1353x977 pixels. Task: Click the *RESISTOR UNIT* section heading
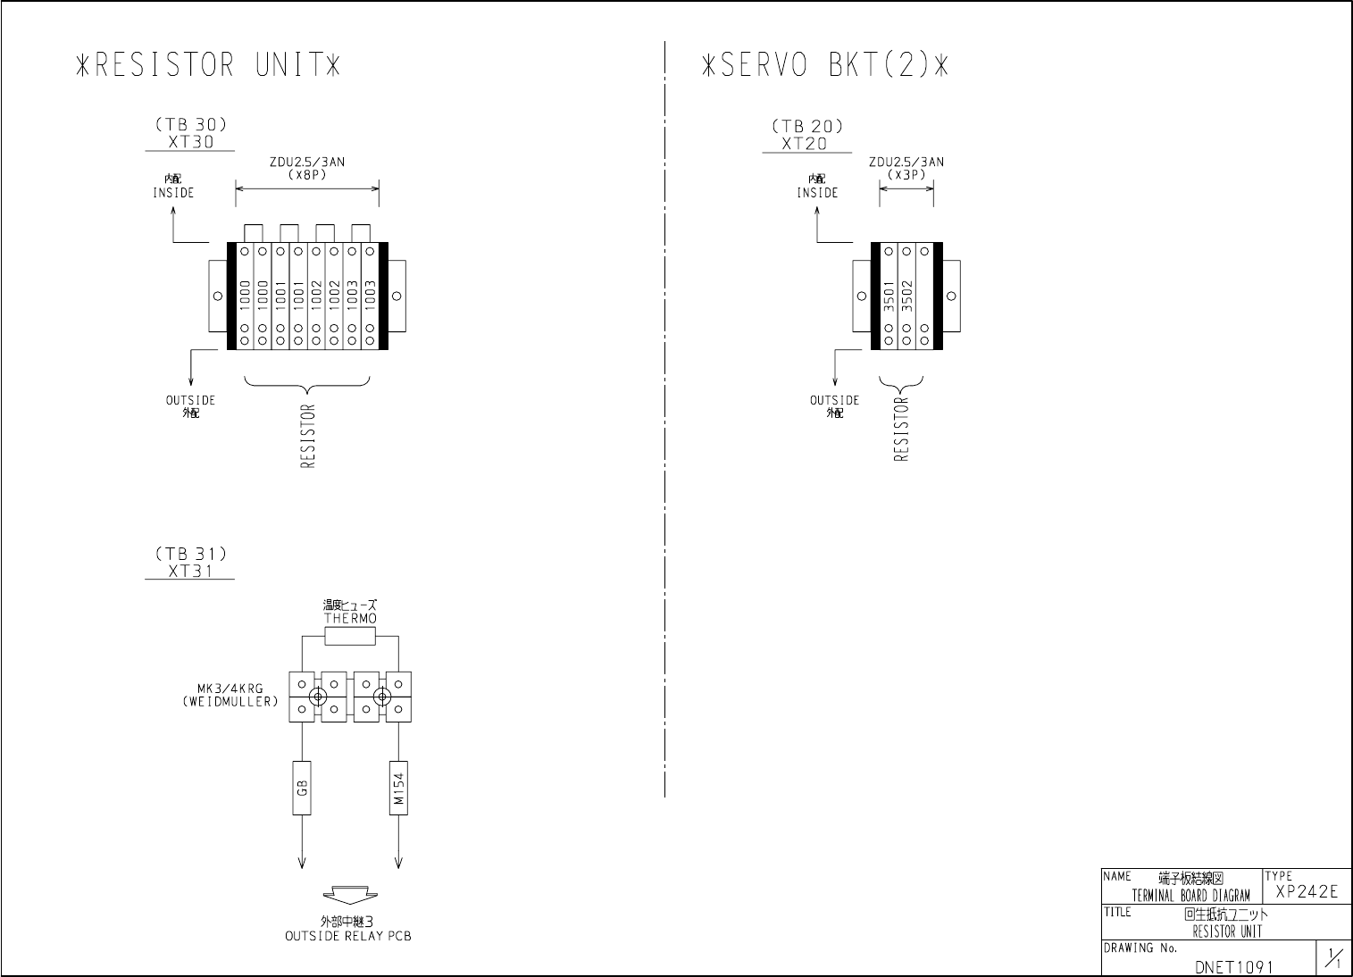pos(208,65)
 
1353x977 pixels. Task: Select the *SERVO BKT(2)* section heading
pos(823,65)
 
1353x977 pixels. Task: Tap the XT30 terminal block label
pos(190,141)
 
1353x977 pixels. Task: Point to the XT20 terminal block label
pos(804,143)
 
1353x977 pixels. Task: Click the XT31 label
pos(190,571)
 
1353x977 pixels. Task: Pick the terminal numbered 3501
pos(889,296)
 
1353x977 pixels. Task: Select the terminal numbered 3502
pos(906,296)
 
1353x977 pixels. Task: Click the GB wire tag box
pos(302,787)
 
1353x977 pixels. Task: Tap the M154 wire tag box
pos(398,787)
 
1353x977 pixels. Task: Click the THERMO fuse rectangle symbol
pos(350,636)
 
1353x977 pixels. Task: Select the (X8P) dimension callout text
pos(307,174)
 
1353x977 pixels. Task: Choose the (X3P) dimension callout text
pos(906,174)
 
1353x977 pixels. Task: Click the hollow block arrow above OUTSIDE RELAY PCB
pos(350,897)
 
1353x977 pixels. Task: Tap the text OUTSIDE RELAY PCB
pos(348,937)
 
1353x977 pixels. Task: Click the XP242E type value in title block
pos(1307,891)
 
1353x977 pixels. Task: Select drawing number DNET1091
pos(1233,966)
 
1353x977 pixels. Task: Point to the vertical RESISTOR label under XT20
pos(900,429)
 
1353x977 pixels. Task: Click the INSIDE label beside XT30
pos(172,192)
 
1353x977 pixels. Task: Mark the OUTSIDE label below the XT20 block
pos(834,400)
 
